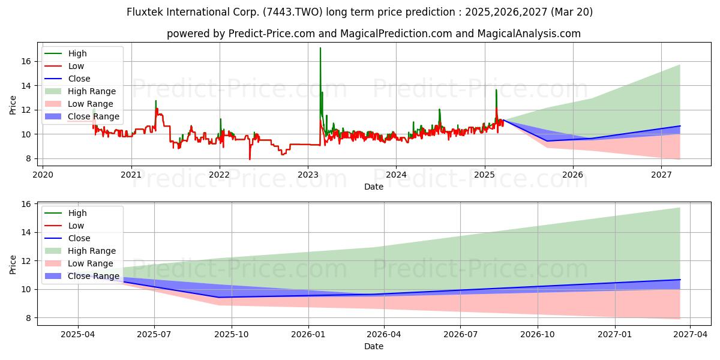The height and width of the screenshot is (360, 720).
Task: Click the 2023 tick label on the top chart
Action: tap(308, 175)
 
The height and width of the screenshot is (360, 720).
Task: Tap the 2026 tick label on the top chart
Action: tap(573, 175)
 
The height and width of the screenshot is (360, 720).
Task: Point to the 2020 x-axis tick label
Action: tap(43, 175)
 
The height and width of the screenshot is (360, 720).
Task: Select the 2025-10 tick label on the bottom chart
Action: tap(232, 335)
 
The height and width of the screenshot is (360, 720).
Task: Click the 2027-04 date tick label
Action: tap(691, 335)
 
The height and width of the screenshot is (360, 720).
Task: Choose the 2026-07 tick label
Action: tap(460, 335)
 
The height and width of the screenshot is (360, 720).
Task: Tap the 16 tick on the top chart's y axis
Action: tap(26, 61)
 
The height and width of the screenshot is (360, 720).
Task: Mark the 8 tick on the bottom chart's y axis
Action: tap(29, 318)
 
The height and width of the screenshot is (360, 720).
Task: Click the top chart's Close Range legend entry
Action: tap(82, 116)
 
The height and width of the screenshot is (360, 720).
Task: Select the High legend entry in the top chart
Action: tap(65, 53)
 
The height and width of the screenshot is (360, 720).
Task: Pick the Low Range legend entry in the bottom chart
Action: tap(79, 263)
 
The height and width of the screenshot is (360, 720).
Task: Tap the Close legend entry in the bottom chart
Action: tap(67, 238)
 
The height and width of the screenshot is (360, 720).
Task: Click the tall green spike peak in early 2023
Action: tap(320, 48)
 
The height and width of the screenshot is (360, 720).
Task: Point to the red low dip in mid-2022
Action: tap(250, 159)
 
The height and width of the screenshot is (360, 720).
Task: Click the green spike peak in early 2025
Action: tap(496, 89)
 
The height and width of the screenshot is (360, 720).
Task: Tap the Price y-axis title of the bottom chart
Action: tap(13, 265)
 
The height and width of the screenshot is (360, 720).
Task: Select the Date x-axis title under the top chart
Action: tap(373, 187)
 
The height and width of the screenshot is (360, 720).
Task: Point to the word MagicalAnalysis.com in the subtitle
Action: tap(529, 34)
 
